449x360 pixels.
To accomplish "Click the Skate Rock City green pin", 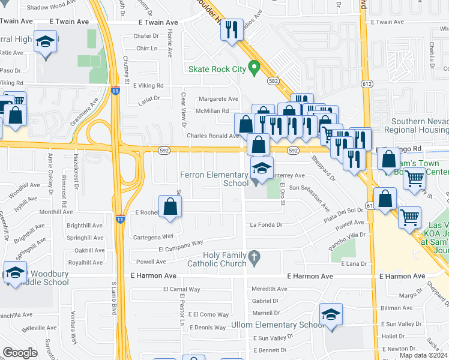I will click(x=255, y=68).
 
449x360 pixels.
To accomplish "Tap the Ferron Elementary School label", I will click(x=214, y=179).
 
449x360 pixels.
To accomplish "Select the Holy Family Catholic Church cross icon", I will click(x=255, y=257).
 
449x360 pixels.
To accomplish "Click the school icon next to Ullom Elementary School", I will click(x=331, y=314).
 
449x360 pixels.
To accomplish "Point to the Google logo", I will click(x=20, y=353).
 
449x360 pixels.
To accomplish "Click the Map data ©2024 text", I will click(x=423, y=355).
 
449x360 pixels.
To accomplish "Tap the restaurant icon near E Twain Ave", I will click(x=232, y=29).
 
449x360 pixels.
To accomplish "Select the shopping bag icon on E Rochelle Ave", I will click(x=171, y=206).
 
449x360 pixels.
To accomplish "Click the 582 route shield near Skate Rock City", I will click(x=273, y=80).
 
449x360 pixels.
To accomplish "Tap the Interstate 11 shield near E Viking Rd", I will click(x=115, y=91).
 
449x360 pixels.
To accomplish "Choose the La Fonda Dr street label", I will click(x=266, y=224).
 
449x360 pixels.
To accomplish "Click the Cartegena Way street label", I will click(x=153, y=236).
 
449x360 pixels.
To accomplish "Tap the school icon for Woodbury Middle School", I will click(x=15, y=273).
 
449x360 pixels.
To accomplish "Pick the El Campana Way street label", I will click(x=181, y=245).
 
